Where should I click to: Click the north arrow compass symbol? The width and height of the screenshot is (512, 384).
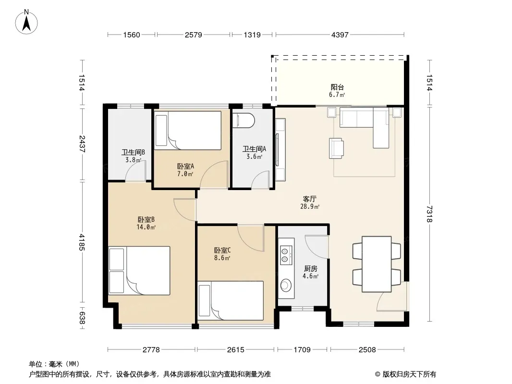(x=26, y=22)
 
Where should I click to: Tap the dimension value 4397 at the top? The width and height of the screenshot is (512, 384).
(x=340, y=35)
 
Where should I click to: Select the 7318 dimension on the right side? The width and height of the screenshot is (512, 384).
(x=429, y=214)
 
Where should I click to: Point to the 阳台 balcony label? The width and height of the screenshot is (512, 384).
(x=337, y=87)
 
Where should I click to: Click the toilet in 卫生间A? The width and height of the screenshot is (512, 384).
(x=243, y=120)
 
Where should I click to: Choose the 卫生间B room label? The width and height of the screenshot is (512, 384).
(x=133, y=152)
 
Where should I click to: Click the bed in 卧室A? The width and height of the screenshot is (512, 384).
(x=188, y=131)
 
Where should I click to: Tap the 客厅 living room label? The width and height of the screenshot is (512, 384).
(x=309, y=199)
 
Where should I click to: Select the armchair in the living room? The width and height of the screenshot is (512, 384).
(x=336, y=148)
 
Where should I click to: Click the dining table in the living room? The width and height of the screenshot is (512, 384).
(x=377, y=264)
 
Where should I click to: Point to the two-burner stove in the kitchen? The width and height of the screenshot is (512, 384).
(x=285, y=255)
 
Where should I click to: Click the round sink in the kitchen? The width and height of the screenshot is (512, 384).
(x=286, y=285)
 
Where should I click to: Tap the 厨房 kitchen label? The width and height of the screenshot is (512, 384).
(x=311, y=268)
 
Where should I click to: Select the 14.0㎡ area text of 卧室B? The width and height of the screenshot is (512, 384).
(x=146, y=227)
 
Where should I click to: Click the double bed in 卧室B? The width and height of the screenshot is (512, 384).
(x=139, y=271)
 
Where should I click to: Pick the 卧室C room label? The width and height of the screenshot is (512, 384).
(x=222, y=250)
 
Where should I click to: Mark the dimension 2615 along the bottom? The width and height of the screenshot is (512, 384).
(x=236, y=350)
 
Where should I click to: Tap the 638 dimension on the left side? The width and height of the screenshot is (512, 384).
(x=82, y=318)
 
